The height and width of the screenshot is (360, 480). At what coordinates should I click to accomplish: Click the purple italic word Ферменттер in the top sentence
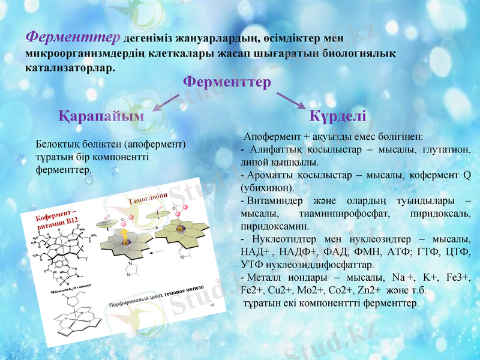(x=73, y=37)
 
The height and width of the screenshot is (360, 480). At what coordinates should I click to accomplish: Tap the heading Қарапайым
(x=101, y=116)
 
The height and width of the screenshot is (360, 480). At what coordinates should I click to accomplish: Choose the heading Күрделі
(x=338, y=116)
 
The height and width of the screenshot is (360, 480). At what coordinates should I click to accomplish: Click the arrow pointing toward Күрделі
(x=292, y=101)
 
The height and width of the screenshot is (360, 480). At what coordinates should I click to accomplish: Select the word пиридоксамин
(x=266, y=227)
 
